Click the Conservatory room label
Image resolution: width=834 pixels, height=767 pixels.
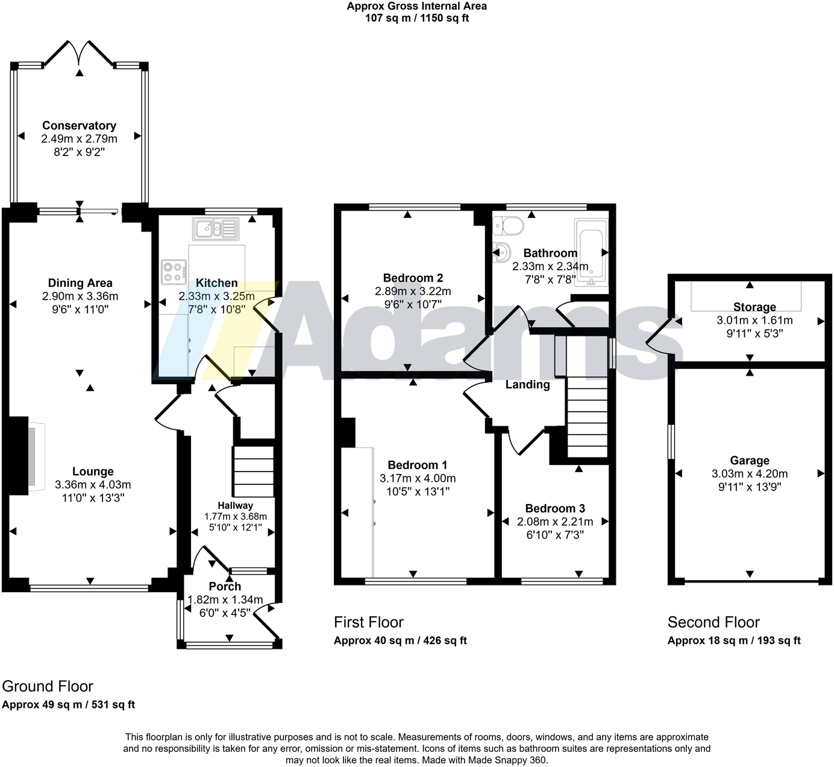79,125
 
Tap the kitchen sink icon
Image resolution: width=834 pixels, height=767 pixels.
215,229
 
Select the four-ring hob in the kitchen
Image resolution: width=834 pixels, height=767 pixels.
172,271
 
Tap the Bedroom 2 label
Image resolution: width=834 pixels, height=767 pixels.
413,278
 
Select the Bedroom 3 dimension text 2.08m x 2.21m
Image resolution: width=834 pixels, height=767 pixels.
555,522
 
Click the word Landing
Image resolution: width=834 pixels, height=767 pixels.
527,385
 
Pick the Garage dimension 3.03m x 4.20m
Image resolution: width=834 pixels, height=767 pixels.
750,474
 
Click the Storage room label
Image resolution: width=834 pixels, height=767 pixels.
754,307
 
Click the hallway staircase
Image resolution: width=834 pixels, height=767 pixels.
253,470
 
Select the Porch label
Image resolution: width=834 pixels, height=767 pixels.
225,586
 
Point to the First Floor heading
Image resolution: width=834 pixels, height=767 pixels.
368,622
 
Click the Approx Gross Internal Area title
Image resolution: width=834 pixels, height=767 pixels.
417,6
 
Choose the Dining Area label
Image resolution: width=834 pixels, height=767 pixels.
80,283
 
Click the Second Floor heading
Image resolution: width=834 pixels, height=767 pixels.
713,622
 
